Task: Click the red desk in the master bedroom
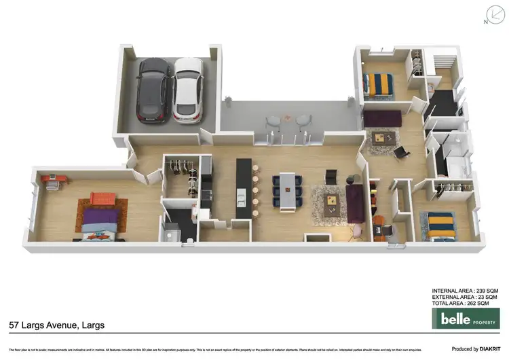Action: click(x=54, y=180)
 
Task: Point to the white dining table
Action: click(x=290, y=191)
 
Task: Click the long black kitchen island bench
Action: click(x=244, y=188)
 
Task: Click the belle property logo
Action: click(x=465, y=318)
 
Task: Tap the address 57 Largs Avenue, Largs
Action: click(x=57, y=325)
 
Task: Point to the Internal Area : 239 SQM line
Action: click(x=465, y=291)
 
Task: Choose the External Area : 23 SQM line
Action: click(x=465, y=297)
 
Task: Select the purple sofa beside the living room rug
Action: click(x=355, y=202)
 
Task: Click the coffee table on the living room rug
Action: click(x=332, y=200)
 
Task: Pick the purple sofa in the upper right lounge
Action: click(x=382, y=120)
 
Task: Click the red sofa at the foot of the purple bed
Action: click(x=103, y=198)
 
